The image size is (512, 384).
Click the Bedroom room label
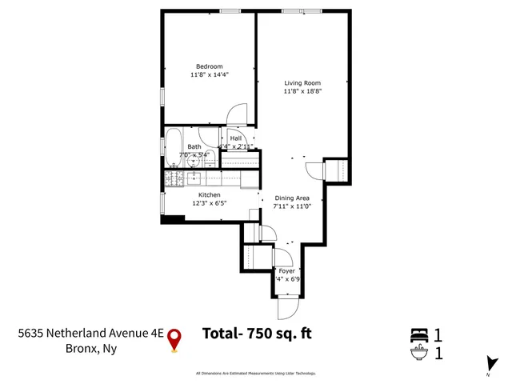[x=210, y=66]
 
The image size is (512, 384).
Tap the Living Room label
[x=302, y=82]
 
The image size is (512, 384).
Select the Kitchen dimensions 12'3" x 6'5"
[x=210, y=203]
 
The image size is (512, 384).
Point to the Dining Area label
[x=292, y=198]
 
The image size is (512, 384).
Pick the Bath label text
[x=194, y=146]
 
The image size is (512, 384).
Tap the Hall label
[x=235, y=138]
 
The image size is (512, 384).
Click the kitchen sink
[x=194, y=178]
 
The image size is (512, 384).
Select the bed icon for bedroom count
[x=420, y=334]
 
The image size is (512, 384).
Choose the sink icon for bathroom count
[x=420, y=351]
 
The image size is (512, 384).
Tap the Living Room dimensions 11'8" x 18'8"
[x=302, y=91]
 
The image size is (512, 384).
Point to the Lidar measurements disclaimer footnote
[x=256, y=373]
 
